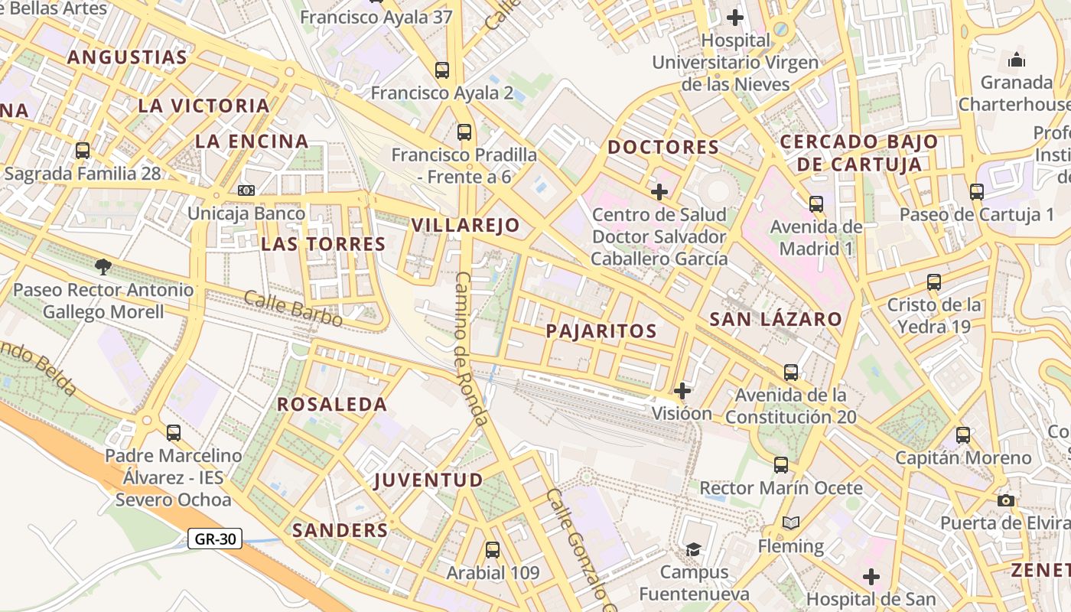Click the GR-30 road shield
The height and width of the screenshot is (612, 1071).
point(215,539)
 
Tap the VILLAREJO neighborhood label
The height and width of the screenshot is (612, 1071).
point(465,225)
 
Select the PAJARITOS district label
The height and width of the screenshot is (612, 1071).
point(601,330)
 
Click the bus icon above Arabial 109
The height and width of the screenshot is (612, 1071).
point(493,549)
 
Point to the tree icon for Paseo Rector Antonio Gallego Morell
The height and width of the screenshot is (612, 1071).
point(103,266)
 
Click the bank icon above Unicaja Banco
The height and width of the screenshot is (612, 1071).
point(246,190)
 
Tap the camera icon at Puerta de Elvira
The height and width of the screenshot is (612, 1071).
point(1006,500)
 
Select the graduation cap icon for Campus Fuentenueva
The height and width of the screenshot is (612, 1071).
point(693,549)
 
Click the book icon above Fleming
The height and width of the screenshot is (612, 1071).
point(791,522)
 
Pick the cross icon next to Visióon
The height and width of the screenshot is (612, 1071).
point(682,391)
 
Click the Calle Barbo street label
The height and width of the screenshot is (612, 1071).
point(293,308)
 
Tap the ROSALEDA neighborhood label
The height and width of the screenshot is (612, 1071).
point(332,404)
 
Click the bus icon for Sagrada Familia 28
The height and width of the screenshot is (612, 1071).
point(83,151)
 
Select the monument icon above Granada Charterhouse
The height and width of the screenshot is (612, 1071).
point(1017,59)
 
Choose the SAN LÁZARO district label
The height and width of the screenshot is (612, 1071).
point(776,319)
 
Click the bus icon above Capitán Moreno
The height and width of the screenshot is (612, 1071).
point(963,435)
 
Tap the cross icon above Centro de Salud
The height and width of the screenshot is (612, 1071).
point(659,191)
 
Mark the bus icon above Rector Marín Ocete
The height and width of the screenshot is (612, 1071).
point(780,464)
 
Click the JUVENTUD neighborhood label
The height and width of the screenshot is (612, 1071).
point(428,480)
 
